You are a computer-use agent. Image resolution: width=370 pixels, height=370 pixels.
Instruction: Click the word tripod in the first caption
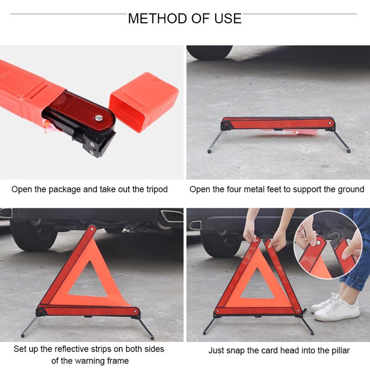[156, 189]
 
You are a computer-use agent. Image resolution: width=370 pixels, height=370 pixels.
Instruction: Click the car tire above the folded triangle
[210, 52]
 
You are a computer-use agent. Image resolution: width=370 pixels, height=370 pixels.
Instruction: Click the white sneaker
[337, 309]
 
